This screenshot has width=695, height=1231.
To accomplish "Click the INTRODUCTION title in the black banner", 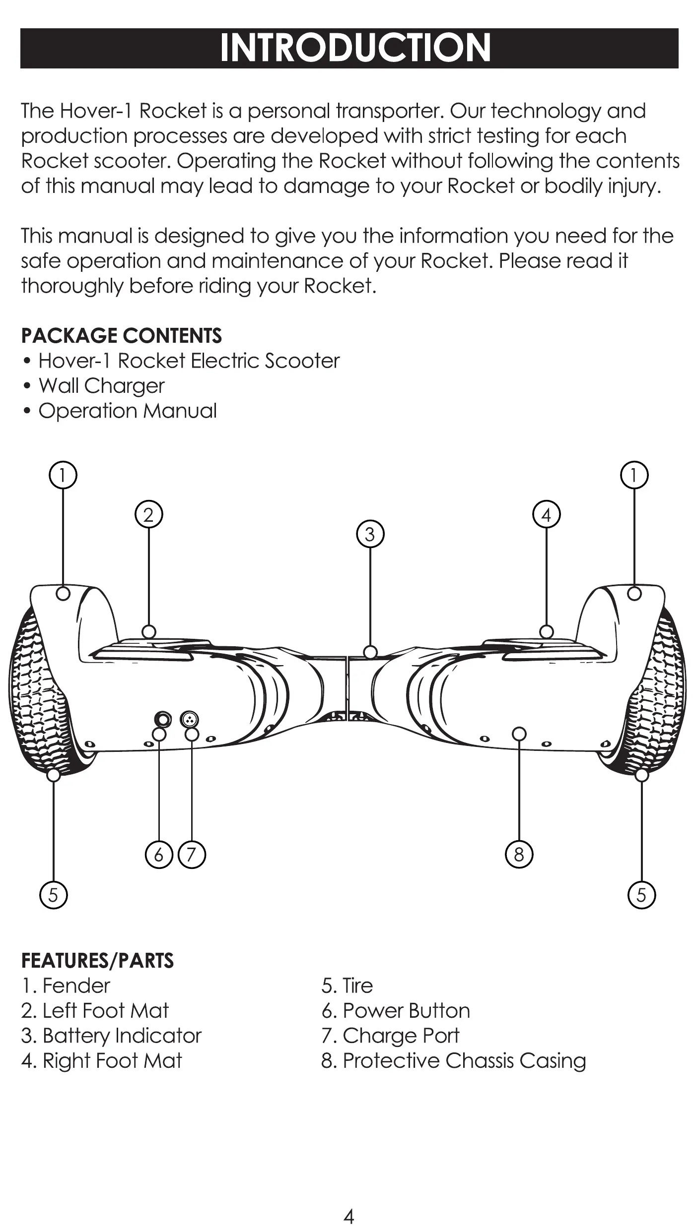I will point(355,48).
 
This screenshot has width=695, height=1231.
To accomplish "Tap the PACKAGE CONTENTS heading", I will point(122,336).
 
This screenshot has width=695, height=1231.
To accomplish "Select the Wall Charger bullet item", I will point(101,386).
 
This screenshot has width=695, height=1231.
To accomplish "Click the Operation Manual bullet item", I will point(128,411).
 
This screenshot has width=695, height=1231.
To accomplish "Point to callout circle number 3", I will point(370,535).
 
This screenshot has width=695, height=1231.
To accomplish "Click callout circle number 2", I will point(149,515).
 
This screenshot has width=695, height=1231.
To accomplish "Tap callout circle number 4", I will point(546,515).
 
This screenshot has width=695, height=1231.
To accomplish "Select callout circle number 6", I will point(159,855).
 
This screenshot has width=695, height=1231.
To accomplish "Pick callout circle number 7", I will point(192,855).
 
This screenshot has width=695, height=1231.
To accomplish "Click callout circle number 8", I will point(519,855).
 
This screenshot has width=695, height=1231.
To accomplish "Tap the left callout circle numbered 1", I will point(63,475).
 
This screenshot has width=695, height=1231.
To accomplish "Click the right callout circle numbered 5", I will point(641,895).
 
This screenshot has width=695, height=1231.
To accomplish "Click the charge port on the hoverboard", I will point(190,719).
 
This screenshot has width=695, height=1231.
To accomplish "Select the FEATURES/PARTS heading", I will point(98,961).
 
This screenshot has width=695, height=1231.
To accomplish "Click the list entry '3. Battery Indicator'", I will point(112,1036).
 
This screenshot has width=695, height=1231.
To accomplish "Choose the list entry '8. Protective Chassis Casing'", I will point(454,1060).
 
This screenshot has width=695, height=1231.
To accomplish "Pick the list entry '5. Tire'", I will point(347,985).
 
